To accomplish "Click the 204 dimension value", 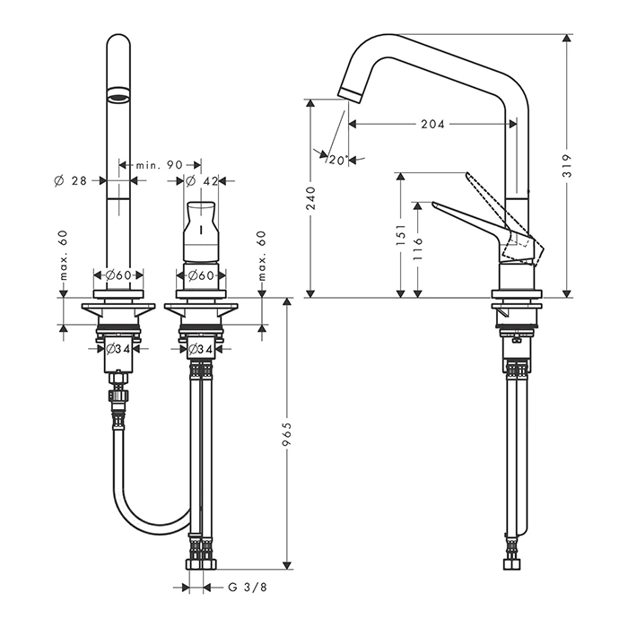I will click(432, 125).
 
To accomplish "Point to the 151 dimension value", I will click(401, 234).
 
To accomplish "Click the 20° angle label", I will click(336, 160).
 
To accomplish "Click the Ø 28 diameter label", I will click(69, 180).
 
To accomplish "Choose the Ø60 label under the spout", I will click(119, 275).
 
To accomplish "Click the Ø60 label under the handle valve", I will click(199, 275).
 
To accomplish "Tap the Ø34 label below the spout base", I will click(118, 348).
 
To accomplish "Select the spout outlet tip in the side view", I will click(347, 91).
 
